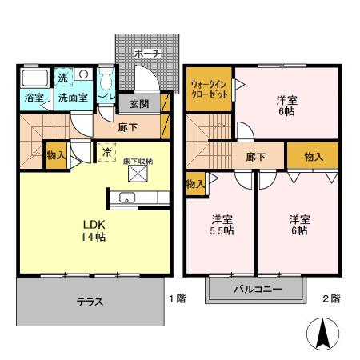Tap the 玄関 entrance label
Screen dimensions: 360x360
[138, 103]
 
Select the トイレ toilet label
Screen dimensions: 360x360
[105, 97]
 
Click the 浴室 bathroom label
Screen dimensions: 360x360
[34, 98]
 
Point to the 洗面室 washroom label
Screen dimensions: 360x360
[73, 98]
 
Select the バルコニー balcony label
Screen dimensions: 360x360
[258, 289]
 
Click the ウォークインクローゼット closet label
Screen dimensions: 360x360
[210, 89]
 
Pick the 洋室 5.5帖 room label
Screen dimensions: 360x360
[222, 225]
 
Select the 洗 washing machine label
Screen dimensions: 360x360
[63, 78]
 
